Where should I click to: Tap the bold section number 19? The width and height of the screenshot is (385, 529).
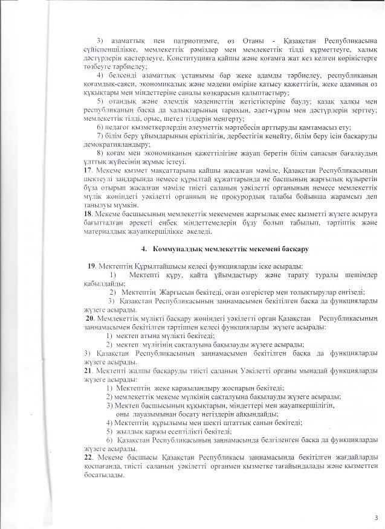click(91, 266)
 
